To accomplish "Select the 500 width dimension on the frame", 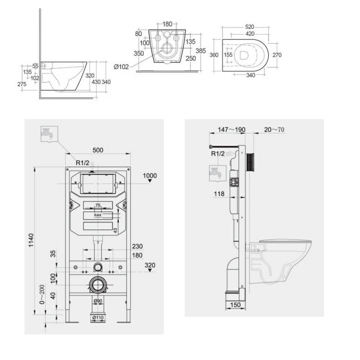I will coord(98,151).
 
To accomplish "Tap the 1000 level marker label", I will coord(150,175).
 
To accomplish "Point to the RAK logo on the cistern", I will coord(98,215).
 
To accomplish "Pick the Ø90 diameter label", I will coord(98,301).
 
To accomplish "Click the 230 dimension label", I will coord(137,246).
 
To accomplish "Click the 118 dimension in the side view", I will coord(219,194).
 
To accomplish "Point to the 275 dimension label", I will coord(21,84).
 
